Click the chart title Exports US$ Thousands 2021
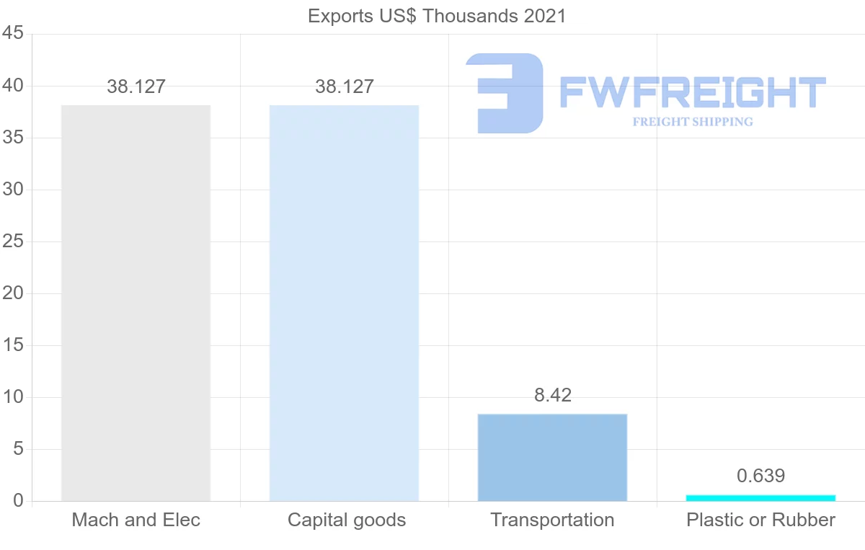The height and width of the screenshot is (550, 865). pyautogui.click(x=437, y=16)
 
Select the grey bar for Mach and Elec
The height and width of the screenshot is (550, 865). pyautogui.click(x=136, y=303)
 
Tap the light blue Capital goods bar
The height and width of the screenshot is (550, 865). pyautogui.click(x=344, y=303)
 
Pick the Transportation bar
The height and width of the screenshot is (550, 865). pyautogui.click(x=552, y=457)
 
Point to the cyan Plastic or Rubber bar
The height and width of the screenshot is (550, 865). pyautogui.click(x=760, y=497)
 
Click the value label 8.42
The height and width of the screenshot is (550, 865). pyautogui.click(x=552, y=395)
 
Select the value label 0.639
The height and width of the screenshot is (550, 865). pyautogui.click(x=760, y=476)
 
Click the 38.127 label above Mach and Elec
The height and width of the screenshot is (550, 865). pyautogui.click(x=136, y=87)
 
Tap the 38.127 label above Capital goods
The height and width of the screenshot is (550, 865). pyautogui.click(x=345, y=87)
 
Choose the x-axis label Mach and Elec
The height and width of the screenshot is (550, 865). pyautogui.click(x=136, y=520)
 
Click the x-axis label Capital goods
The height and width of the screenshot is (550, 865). pyautogui.click(x=347, y=520)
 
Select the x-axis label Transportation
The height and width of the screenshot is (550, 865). pyautogui.click(x=552, y=520)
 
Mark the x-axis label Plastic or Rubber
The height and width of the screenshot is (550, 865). pyautogui.click(x=760, y=520)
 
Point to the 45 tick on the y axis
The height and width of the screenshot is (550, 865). pyautogui.click(x=14, y=34)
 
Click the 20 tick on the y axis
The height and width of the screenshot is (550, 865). pyautogui.click(x=14, y=293)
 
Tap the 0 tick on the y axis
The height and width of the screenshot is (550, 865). pyautogui.click(x=19, y=501)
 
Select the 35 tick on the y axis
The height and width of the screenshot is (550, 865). pyautogui.click(x=14, y=138)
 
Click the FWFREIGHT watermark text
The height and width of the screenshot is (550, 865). pyautogui.click(x=692, y=93)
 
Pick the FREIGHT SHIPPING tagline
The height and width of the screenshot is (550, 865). pyautogui.click(x=693, y=122)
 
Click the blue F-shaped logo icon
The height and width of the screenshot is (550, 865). pyautogui.click(x=504, y=93)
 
